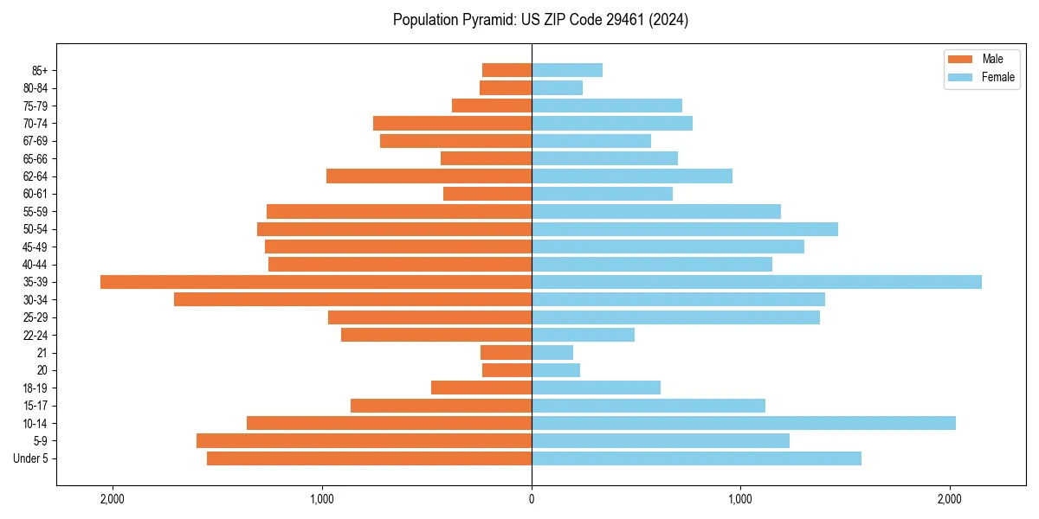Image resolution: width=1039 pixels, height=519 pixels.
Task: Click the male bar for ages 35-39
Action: point(316,282)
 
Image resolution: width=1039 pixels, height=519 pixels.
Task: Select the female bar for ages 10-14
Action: point(743,423)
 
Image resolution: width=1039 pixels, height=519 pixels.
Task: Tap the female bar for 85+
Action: point(567,70)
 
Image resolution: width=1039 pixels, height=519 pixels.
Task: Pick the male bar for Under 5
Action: point(369,458)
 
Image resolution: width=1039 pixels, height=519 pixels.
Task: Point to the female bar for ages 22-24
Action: point(583,335)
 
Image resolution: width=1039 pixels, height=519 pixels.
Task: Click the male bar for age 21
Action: point(506,353)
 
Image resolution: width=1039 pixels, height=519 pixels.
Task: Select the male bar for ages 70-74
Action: point(452,124)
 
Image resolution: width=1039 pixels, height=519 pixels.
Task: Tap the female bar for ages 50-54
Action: point(684,229)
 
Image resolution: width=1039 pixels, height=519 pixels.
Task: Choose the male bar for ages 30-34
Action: point(352,299)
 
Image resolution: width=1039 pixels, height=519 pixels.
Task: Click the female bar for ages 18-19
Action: point(596,388)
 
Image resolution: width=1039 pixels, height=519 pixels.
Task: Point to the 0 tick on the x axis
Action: point(532,499)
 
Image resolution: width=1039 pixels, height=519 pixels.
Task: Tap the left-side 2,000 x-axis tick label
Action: point(113,499)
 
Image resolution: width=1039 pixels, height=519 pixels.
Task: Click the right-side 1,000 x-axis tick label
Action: point(740,499)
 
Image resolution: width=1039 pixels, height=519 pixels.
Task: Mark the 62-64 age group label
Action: point(35,176)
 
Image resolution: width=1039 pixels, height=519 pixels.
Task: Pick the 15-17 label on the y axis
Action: point(35,406)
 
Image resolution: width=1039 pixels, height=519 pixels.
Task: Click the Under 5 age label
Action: point(31,458)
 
